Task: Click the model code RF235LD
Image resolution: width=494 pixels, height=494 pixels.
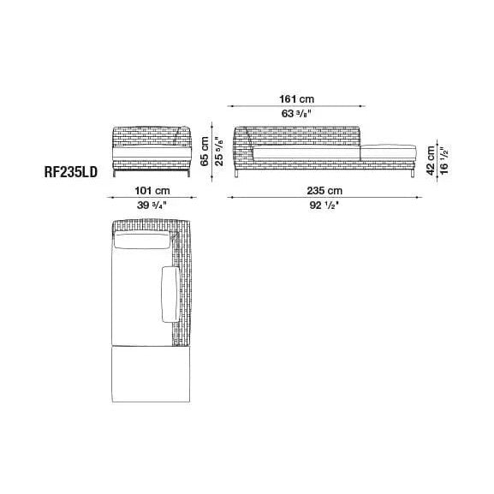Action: [x=71, y=172]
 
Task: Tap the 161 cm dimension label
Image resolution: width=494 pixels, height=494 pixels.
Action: [x=296, y=99]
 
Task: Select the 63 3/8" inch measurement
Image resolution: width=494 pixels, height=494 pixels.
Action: [x=296, y=113]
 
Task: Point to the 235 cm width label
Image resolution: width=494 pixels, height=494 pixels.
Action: [x=324, y=190]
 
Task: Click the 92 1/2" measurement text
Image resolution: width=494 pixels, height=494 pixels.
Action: [x=324, y=205]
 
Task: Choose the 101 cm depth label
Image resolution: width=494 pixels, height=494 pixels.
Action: [x=152, y=191]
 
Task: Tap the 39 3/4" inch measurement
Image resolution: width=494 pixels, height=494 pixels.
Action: [x=152, y=205]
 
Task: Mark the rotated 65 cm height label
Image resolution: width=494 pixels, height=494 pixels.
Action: [x=205, y=152]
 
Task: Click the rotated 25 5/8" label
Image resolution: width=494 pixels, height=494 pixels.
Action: [x=218, y=152]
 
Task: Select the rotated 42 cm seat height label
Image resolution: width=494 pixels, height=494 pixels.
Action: [x=431, y=160]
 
